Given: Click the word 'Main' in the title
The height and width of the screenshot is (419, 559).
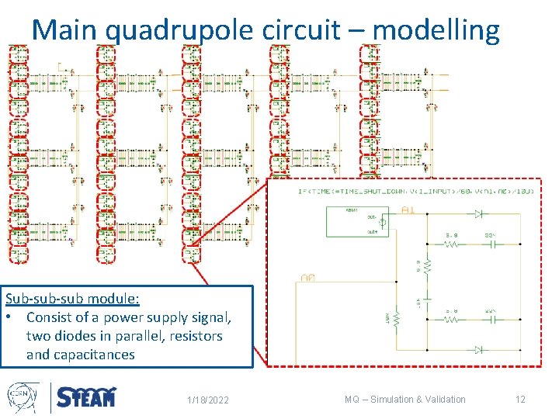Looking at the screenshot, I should (65, 30).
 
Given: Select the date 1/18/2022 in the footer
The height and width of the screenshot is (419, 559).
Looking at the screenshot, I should (208, 400).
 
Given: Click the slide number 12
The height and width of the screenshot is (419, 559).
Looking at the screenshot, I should (520, 400).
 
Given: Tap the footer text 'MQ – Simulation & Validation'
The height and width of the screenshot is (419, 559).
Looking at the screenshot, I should (405, 400).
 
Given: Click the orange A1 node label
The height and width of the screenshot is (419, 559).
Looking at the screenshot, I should (408, 210).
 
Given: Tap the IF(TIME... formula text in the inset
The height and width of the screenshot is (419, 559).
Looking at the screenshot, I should (388, 191).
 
